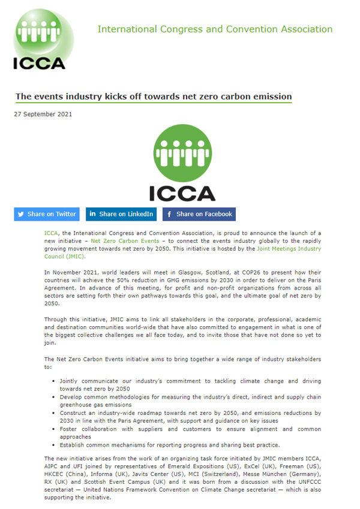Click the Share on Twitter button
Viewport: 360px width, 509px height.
click(x=47, y=214)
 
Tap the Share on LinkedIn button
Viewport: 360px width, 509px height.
click(x=122, y=214)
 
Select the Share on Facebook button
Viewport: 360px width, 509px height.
click(x=199, y=214)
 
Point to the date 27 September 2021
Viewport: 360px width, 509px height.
click(x=43, y=114)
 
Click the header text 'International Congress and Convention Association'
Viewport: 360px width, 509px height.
click(x=215, y=29)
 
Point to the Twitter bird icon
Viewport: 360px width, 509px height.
click(x=21, y=214)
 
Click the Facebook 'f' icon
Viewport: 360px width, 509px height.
click(x=170, y=214)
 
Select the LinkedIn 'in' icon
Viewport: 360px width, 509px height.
click(x=92, y=214)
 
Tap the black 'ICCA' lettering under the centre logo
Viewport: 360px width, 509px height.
click(x=182, y=192)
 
